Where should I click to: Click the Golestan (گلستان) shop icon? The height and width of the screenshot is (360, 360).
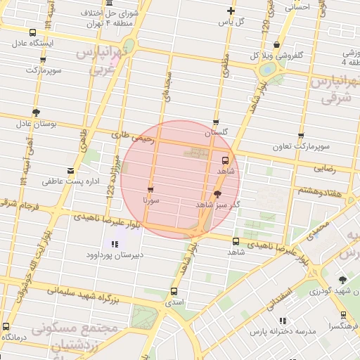(216, 122)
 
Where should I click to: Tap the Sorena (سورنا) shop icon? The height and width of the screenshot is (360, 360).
(150, 190)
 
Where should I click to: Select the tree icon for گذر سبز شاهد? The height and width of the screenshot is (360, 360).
(218, 193)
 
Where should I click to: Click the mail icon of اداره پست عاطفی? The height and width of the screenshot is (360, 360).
(70, 171)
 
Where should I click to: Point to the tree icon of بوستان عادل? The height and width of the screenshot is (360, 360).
(35, 112)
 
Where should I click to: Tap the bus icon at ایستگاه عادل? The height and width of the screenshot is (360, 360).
(34, 32)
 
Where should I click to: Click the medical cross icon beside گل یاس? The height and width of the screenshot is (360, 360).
(231, 11)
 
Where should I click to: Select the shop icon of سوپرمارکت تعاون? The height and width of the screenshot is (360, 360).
(301, 136)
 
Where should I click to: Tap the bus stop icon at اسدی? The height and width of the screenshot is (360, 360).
(174, 291)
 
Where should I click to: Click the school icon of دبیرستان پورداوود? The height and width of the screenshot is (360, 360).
(115, 244)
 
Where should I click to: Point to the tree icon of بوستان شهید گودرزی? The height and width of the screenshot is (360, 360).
(342, 279)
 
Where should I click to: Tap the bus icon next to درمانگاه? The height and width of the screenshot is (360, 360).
(6, 327)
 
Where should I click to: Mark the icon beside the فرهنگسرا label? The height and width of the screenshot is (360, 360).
(342, 315)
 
